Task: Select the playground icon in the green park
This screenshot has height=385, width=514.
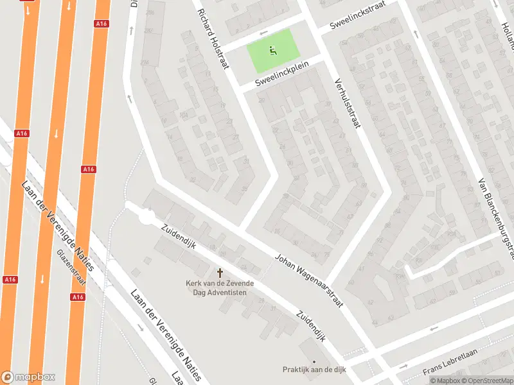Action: pos(272,49)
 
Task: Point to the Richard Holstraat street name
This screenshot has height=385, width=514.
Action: pos(213,38)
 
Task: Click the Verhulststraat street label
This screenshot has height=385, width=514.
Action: pos(346,103)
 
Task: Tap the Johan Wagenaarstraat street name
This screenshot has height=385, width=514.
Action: pos(308,279)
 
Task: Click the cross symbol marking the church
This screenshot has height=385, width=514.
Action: pos(220,273)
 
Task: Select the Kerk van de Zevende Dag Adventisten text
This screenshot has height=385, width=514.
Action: pos(220,287)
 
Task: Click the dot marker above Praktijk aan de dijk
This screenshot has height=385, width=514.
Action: pos(314,361)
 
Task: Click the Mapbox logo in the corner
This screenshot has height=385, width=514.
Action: pos(28,377)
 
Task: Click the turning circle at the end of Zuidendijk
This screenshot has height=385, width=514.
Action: pos(146,219)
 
